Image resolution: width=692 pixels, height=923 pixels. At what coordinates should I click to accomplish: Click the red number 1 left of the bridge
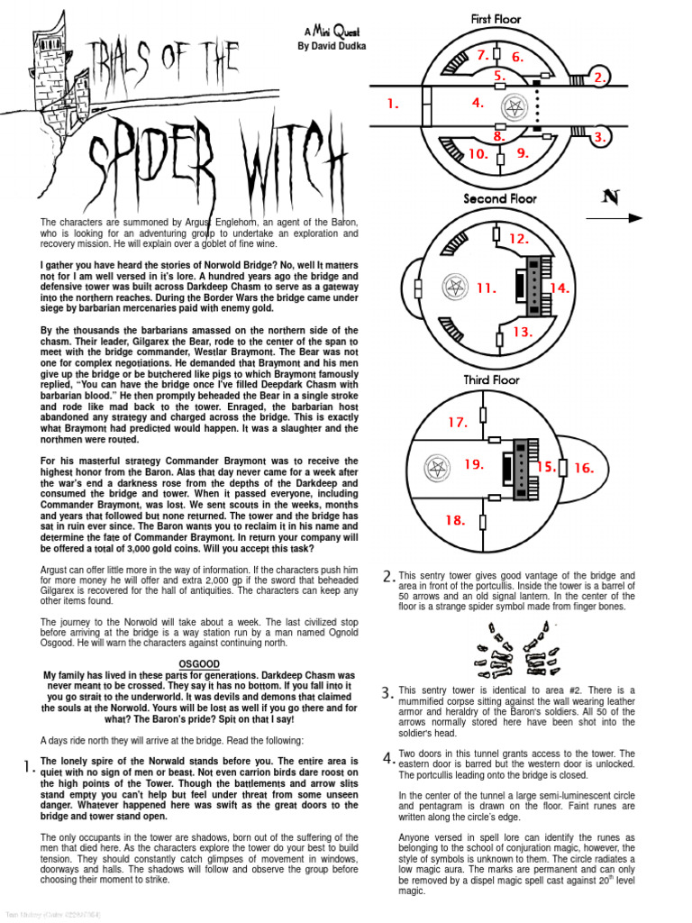392,104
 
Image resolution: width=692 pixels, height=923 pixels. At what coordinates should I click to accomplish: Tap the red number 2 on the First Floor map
598,78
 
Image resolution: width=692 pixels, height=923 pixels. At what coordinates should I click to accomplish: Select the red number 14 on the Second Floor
560,288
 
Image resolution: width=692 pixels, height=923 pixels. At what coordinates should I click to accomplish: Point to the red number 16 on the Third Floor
584,468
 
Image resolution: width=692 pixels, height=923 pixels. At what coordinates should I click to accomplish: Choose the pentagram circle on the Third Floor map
438,467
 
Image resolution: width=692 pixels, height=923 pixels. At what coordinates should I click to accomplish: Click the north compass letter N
610,198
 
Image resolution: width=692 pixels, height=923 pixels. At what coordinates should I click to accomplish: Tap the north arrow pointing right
622,217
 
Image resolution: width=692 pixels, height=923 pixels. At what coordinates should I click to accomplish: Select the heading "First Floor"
496,18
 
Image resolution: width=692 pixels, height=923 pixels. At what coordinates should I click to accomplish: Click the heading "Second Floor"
500,198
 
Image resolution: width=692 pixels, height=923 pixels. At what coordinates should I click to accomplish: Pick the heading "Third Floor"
489,379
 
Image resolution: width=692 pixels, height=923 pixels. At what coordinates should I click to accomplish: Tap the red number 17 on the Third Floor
458,422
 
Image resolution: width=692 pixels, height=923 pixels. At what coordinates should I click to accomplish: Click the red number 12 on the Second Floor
518,239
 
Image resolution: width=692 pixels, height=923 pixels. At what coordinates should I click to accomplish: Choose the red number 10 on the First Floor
478,154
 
